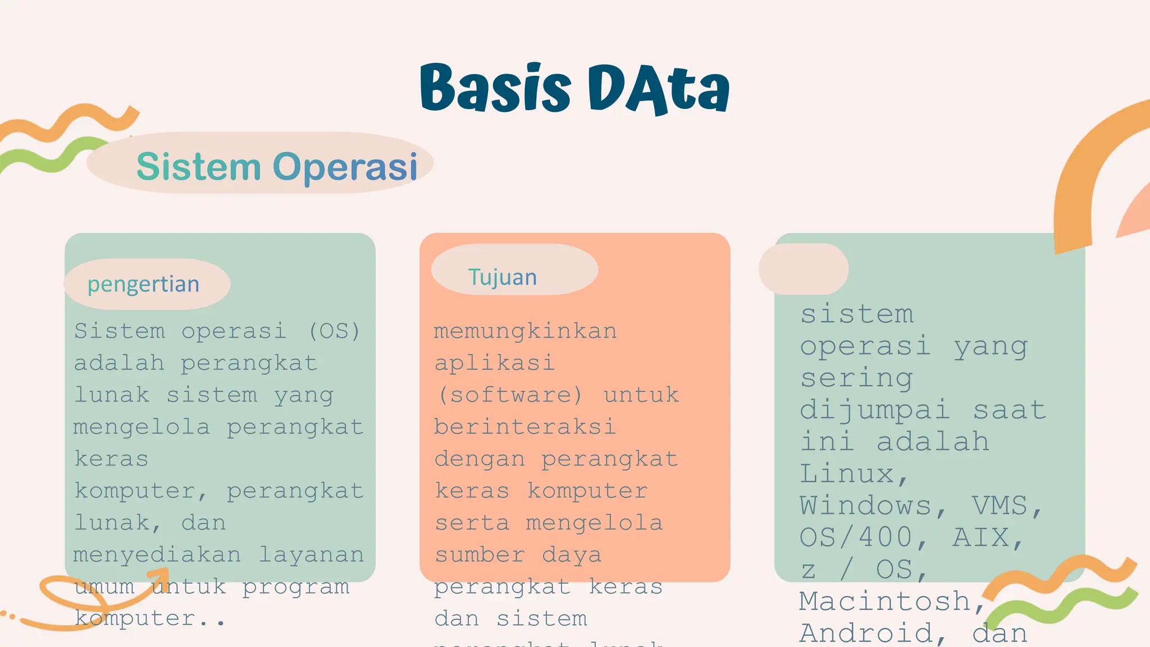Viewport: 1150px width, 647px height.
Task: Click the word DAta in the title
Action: click(658, 89)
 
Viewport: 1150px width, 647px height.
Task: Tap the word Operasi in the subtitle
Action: click(345, 167)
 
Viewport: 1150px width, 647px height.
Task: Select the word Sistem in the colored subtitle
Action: click(199, 167)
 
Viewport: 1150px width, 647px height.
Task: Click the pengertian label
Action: click(144, 284)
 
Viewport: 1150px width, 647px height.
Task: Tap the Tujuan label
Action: click(503, 277)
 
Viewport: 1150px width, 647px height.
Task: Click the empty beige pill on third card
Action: click(803, 269)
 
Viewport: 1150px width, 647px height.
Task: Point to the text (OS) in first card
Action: click(334, 331)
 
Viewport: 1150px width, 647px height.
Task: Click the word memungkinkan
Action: click(525, 331)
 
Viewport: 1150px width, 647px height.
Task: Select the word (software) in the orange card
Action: click(510, 395)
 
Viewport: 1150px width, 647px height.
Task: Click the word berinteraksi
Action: click(525, 427)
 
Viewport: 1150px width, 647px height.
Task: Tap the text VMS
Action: click(1006, 506)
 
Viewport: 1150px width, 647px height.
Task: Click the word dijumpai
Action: click(875, 410)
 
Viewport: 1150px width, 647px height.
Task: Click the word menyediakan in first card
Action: click(157, 555)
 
